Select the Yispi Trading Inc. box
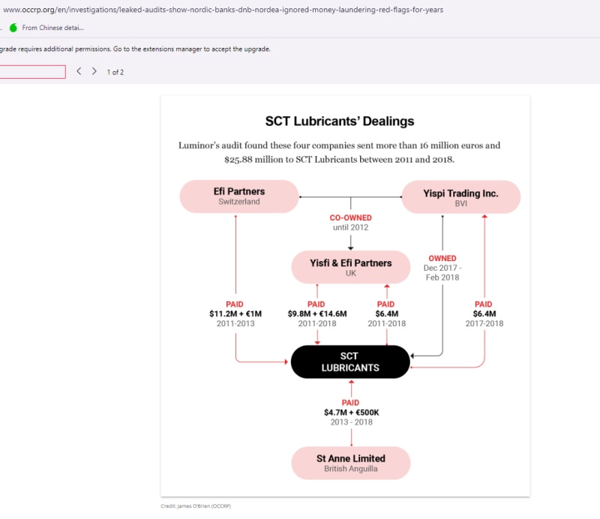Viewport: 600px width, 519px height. coord(461,196)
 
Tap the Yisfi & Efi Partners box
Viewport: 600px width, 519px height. coord(351,267)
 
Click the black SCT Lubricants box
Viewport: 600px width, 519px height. coord(350,362)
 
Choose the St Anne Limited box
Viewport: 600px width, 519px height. coord(351,463)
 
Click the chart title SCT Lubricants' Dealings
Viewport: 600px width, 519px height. coord(340,121)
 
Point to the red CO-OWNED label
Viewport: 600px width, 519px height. coord(351,218)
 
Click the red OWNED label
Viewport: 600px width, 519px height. coord(442,259)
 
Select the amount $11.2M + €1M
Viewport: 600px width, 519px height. coord(235,314)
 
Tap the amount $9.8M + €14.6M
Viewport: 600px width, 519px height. coord(317,314)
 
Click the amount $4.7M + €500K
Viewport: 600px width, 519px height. coord(351,412)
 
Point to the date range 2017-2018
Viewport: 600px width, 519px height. coord(484,324)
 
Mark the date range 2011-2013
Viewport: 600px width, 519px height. coord(235,324)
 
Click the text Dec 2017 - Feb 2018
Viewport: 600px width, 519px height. coord(442,272)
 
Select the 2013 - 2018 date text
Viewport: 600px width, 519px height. coord(351,422)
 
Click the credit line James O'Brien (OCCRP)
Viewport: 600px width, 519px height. coord(196,506)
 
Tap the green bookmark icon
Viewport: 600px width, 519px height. coord(13,28)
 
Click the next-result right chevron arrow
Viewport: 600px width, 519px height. coord(94,71)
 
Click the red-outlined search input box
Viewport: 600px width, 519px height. coord(33,72)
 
